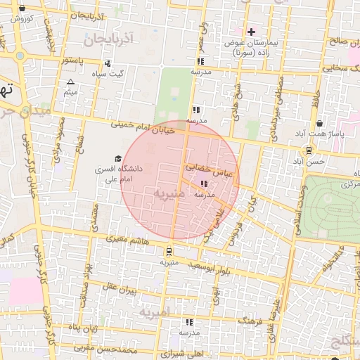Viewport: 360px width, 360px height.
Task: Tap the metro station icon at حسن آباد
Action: coord(309,150)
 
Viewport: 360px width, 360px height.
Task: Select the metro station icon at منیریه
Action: coord(169,251)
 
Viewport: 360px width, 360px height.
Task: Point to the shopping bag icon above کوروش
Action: coord(22,9)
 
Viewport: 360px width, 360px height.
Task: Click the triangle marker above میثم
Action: coord(70,82)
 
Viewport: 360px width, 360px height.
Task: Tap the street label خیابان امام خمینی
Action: coord(148,127)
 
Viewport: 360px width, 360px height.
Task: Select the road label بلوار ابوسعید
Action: coord(206,269)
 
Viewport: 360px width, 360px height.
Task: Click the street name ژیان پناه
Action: coord(84,327)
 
